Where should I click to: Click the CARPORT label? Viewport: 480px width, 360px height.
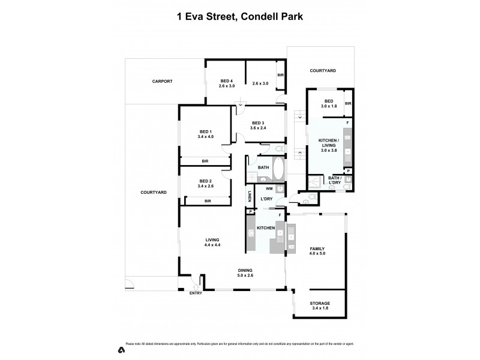(162, 80)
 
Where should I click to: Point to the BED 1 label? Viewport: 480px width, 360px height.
(206, 131)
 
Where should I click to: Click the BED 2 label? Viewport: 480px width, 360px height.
(206, 181)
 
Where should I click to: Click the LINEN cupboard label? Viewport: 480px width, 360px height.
(249, 196)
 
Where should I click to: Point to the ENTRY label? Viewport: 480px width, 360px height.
(196, 293)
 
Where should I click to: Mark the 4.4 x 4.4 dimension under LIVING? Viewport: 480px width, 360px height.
(213, 245)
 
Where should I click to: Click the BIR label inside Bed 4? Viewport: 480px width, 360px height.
(280, 75)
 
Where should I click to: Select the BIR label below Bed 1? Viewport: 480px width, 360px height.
(205, 161)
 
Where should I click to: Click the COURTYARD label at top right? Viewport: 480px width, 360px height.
(322, 71)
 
